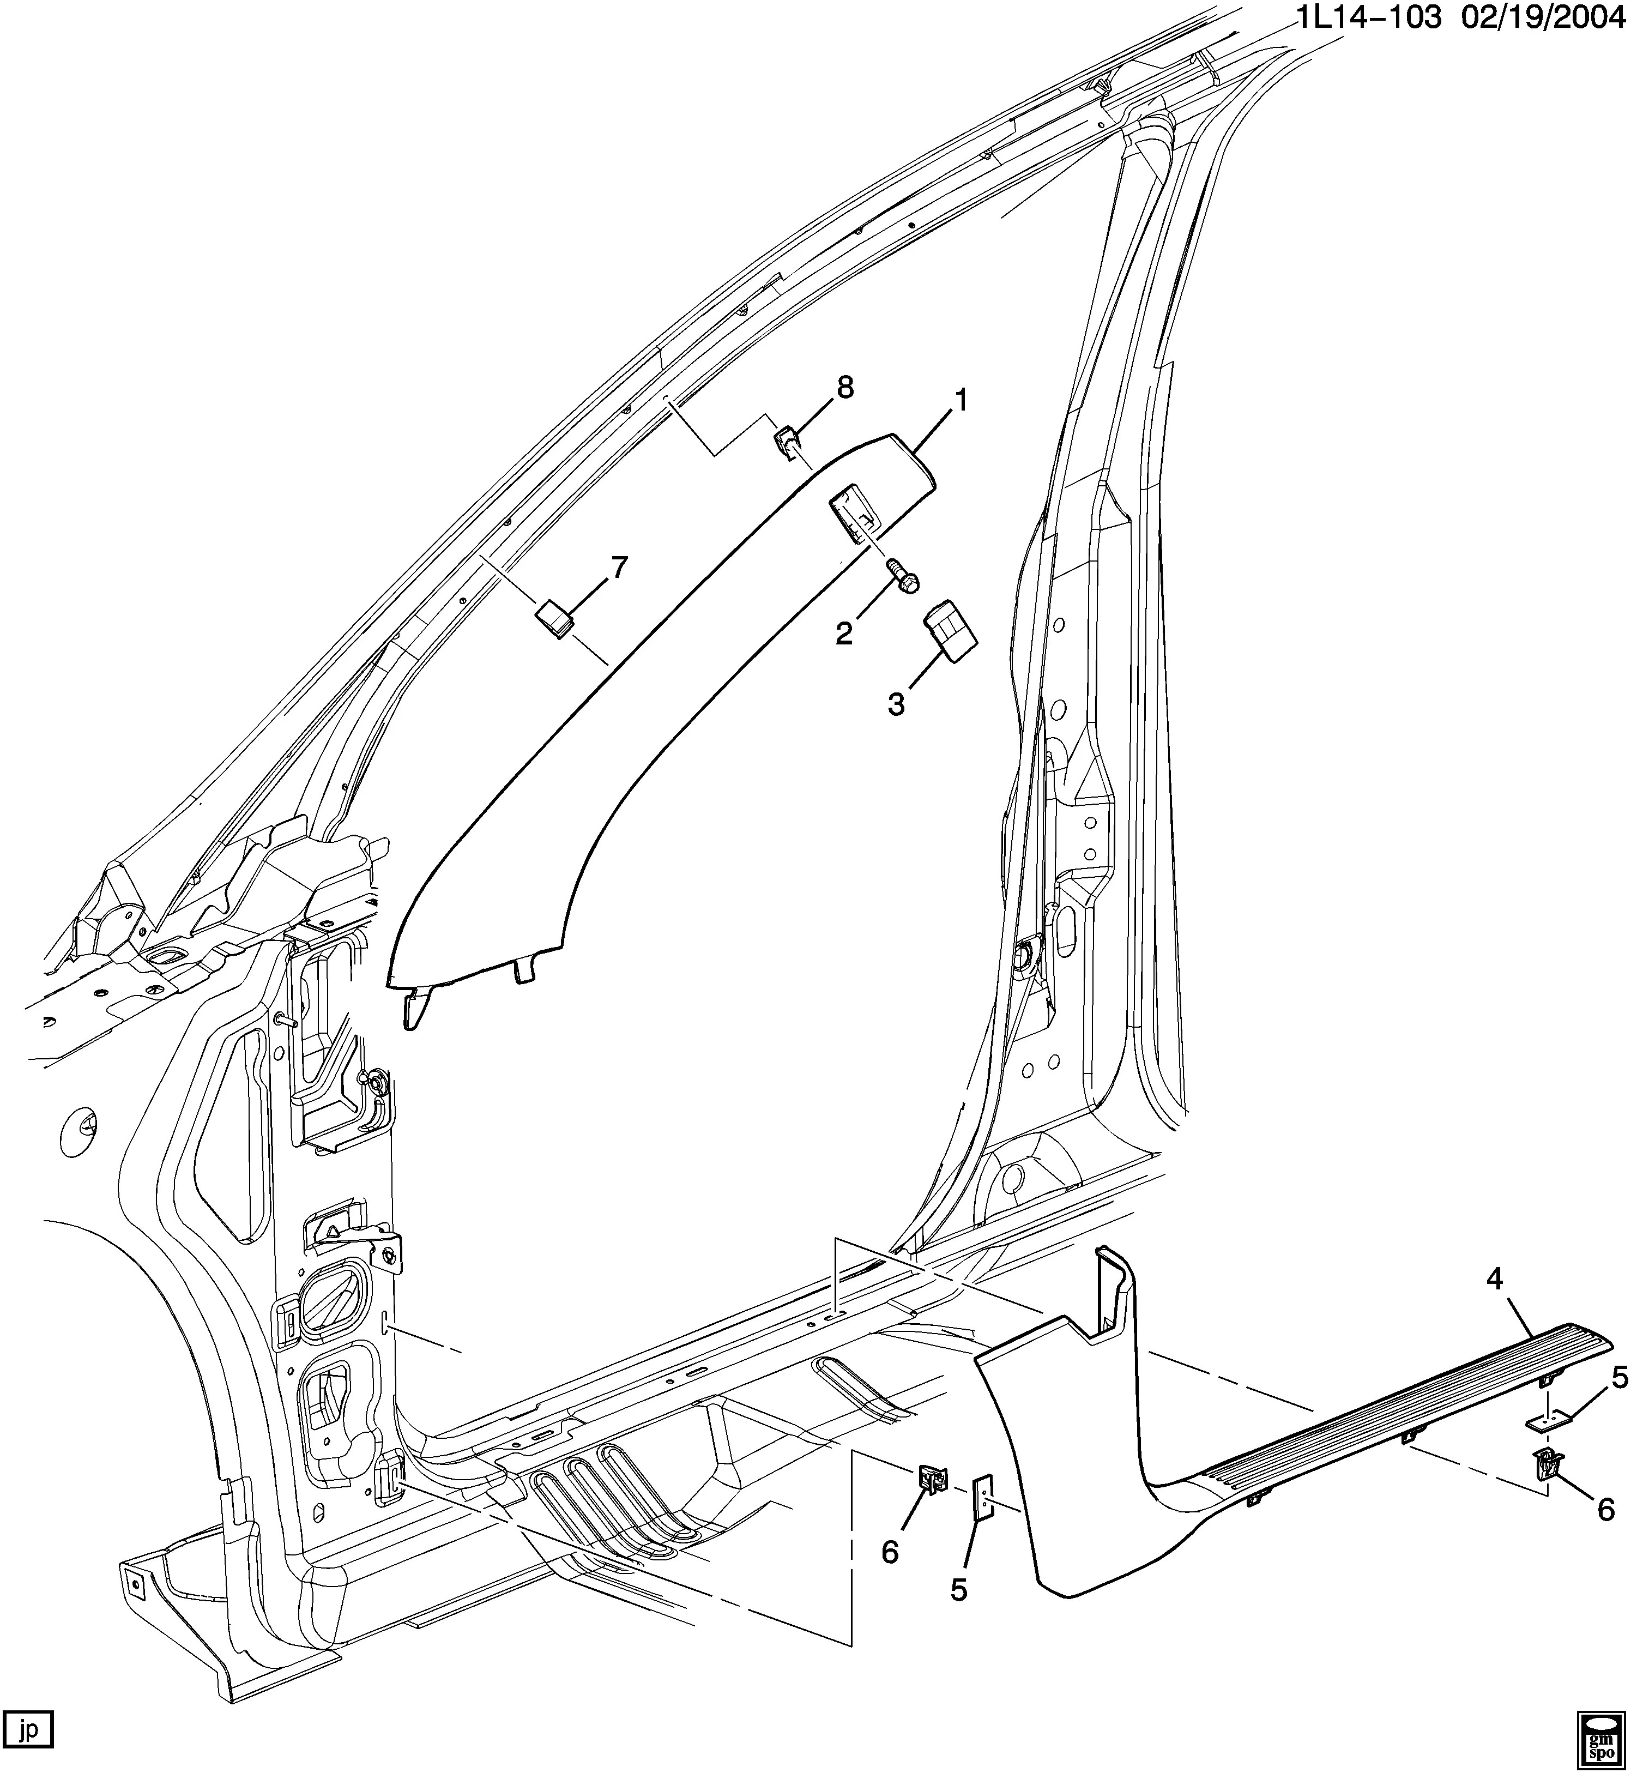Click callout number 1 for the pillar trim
click(959, 402)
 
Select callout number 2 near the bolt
click(844, 633)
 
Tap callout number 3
click(896, 705)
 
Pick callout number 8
click(845, 388)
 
